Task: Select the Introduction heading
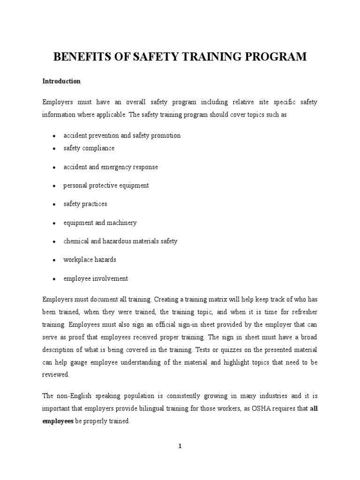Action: pos(61,81)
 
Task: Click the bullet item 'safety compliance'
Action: pos(89,148)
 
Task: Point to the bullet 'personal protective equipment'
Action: pos(106,185)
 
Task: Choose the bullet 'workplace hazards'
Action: pos(90,260)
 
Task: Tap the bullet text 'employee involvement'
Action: pos(96,278)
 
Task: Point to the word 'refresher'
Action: pos(303,311)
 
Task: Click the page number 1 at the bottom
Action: pos(180,446)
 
